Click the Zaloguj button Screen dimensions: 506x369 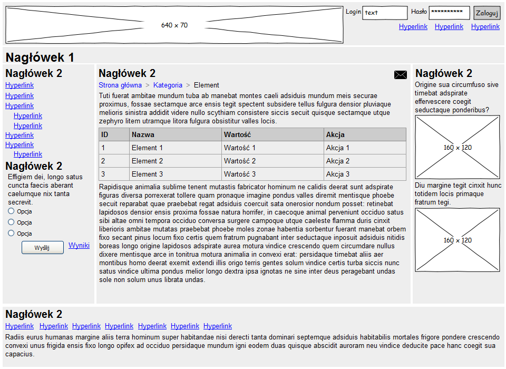click(486, 13)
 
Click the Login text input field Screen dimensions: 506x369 click(385, 13)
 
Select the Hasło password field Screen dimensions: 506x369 click(449, 13)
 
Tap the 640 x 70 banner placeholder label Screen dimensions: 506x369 click(174, 25)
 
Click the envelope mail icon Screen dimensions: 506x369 click(401, 75)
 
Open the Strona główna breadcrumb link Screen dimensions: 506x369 click(120, 85)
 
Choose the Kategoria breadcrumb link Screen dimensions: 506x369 click(168, 85)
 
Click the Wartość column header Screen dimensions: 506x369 click(238, 134)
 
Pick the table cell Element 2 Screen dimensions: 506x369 click(147, 161)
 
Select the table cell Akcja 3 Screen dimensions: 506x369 click(337, 174)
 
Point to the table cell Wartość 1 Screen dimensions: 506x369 click(240, 148)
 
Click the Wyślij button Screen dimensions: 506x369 click(43, 248)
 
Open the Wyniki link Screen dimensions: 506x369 click(79, 245)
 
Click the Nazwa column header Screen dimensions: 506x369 click(143, 134)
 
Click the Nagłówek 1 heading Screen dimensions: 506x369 click(40, 57)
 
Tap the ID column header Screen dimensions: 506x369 click(104, 134)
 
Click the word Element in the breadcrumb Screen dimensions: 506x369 click(207, 85)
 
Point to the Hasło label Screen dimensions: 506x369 click(419, 12)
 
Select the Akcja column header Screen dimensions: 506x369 click(335, 134)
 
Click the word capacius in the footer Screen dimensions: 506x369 click(20, 354)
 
